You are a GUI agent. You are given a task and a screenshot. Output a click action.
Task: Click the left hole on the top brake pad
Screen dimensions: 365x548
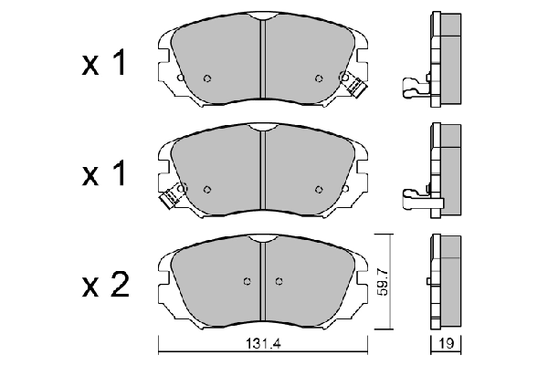207,78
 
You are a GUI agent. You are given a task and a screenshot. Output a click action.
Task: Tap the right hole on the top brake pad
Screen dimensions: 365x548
319,78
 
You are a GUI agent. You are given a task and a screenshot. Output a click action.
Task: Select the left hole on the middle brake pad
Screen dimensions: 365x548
207,189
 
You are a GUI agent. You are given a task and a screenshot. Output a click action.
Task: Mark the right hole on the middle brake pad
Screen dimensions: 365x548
319,189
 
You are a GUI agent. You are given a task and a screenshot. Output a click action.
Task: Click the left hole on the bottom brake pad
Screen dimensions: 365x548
247,281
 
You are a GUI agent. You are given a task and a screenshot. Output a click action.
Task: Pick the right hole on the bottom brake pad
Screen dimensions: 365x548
279,281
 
